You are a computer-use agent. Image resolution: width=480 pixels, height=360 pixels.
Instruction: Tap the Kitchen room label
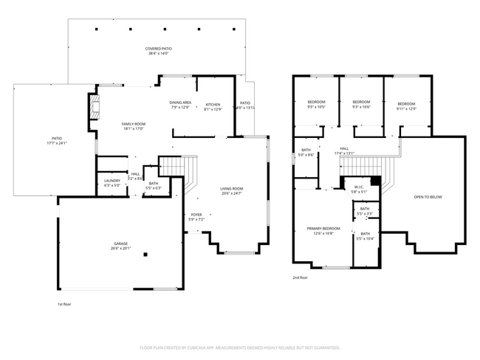tap(213, 106)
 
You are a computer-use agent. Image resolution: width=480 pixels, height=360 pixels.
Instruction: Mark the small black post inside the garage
tap(145, 255)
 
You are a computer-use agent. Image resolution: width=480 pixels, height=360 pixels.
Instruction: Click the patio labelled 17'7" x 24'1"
tap(55, 140)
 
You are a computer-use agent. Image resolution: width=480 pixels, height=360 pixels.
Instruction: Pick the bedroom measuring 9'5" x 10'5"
tap(315, 104)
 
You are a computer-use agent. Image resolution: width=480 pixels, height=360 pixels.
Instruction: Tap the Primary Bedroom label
tap(323, 231)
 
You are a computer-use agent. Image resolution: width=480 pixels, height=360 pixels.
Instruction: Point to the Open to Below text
tap(428, 197)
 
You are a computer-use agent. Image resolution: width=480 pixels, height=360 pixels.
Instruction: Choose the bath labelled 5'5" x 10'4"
tap(366, 236)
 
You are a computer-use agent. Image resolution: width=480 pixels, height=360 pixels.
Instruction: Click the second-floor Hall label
tap(344, 150)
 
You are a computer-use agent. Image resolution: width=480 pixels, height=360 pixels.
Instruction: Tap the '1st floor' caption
tap(65, 303)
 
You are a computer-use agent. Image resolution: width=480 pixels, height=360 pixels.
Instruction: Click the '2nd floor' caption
tap(301, 277)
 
